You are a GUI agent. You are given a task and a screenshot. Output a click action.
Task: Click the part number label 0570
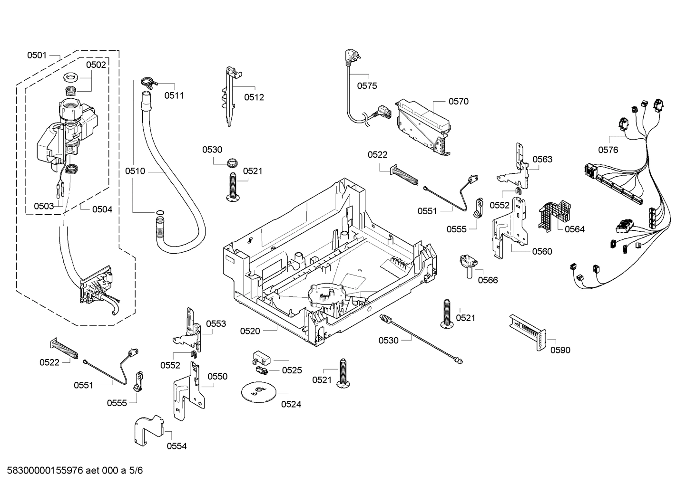[458, 101]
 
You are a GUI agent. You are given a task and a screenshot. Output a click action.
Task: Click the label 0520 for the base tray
[250, 331]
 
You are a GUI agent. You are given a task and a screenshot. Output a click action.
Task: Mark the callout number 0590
[560, 350]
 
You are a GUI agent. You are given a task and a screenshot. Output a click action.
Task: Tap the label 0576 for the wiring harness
[608, 150]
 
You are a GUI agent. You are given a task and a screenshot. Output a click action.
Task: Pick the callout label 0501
[37, 55]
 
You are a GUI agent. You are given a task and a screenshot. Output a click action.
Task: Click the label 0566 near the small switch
[488, 280]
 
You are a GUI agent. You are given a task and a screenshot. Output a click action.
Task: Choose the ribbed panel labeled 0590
[528, 331]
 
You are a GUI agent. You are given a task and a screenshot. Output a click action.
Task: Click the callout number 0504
[102, 209]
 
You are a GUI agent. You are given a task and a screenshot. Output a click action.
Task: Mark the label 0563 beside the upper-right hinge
[542, 159]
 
